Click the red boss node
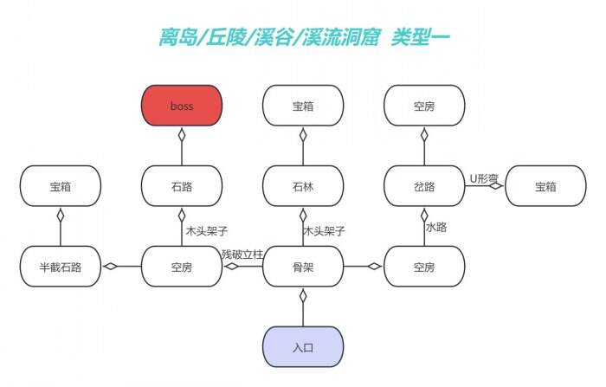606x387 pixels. click(182, 106)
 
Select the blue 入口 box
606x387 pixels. click(303, 347)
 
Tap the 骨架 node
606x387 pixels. click(303, 267)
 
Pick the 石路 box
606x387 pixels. click(182, 186)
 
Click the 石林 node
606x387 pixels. click(303, 186)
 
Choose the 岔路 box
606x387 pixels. click(424, 186)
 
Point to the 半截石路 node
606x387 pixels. click(61, 267)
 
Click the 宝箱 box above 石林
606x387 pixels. click(303, 106)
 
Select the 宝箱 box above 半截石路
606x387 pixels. click(61, 186)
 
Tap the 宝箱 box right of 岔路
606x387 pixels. click(545, 186)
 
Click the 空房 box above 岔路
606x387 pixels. click(424, 106)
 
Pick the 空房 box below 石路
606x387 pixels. click(182, 267)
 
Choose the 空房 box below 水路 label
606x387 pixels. click(424, 267)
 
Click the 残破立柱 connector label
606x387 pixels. click(242, 255)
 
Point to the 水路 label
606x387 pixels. click(436, 227)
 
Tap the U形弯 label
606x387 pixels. click(484, 178)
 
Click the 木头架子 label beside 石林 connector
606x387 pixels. click(324, 231)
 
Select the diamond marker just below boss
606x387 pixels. click(182, 135)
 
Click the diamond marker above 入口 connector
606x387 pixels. click(303, 296)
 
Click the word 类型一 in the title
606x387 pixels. click(421, 37)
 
